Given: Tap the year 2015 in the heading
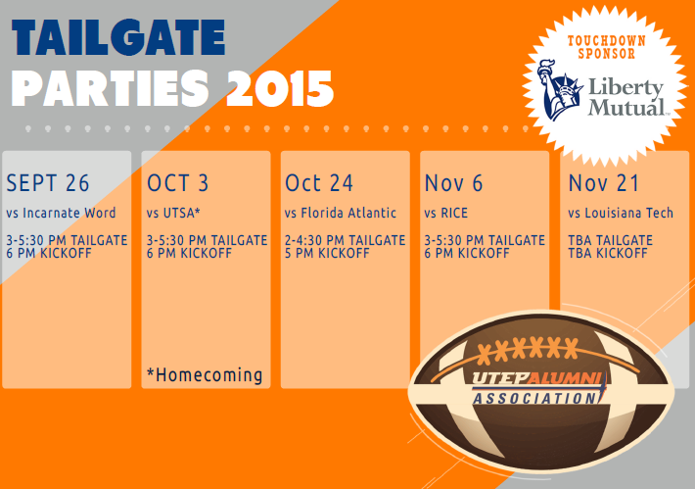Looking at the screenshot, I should (x=280, y=90).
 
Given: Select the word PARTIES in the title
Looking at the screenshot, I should (x=114, y=90).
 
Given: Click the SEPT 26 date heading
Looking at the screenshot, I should (x=48, y=183).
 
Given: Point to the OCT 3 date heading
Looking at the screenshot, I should (x=178, y=183).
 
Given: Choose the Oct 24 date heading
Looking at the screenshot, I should (x=319, y=183).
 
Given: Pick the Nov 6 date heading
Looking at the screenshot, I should (x=453, y=183).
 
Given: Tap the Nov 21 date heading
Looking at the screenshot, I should (x=603, y=183).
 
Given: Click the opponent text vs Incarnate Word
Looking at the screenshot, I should (x=61, y=213).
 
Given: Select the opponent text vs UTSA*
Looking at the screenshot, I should (x=174, y=213).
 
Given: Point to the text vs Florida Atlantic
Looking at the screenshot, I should (x=341, y=213).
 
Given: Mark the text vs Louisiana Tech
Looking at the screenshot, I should (x=621, y=213).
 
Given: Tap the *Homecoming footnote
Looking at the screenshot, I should (x=205, y=374).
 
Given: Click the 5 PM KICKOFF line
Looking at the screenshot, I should (x=327, y=253).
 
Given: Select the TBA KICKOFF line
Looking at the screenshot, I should (x=608, y=253).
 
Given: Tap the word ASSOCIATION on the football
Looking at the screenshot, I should (x=534, y=399).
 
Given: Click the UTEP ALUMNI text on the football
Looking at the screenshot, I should (x=538, y=377).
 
